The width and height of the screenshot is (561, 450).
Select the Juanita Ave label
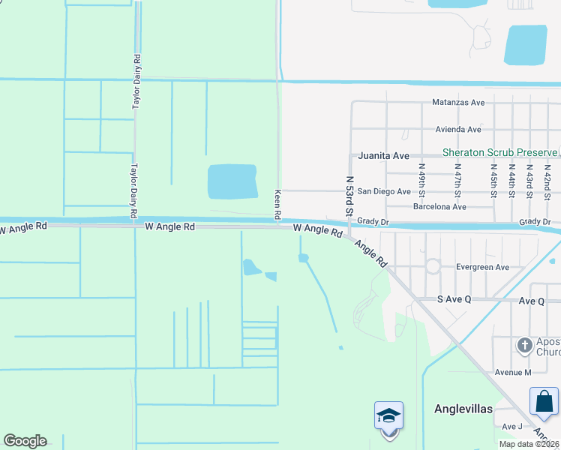pos(383,156)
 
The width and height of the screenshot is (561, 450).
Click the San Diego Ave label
pos(383,191)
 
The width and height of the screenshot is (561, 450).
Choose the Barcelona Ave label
pos(439,206)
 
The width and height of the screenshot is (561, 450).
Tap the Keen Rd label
pos(277,203)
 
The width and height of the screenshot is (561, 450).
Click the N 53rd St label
pos(349,197)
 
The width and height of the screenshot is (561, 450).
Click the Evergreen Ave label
pos(482,267)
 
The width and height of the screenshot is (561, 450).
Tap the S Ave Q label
pos(454,299)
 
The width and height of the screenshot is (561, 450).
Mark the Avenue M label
pos(512,372)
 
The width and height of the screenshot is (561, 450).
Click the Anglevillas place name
pos(463,409)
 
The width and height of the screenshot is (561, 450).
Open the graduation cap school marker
pos(388,416)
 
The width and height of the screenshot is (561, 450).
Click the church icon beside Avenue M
pos(525,345)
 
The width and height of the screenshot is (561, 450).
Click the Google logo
pos(25,441)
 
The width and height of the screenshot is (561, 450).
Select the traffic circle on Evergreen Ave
pos(433,266)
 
